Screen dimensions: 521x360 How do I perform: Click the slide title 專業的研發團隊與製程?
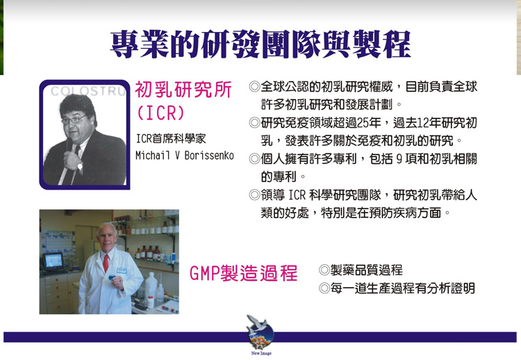260,44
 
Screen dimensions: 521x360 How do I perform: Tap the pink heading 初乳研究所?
183,90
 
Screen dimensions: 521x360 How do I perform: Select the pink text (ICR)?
160,113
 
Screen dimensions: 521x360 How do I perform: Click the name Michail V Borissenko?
185,155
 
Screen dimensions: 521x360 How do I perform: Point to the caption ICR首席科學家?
171,138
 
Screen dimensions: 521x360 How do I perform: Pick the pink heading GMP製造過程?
243,273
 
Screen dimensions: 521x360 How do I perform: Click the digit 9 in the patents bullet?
399,159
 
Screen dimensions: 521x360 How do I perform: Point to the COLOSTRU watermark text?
88,91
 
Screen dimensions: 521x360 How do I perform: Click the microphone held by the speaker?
69,145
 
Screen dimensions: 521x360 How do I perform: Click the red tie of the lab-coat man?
106,263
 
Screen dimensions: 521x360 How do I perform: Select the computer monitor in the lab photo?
53,261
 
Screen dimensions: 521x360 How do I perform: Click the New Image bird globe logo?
260,333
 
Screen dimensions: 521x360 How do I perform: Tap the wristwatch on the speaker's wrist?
80,165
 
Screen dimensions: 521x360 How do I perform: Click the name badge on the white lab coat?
122,270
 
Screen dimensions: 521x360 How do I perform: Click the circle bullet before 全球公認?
254,87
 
